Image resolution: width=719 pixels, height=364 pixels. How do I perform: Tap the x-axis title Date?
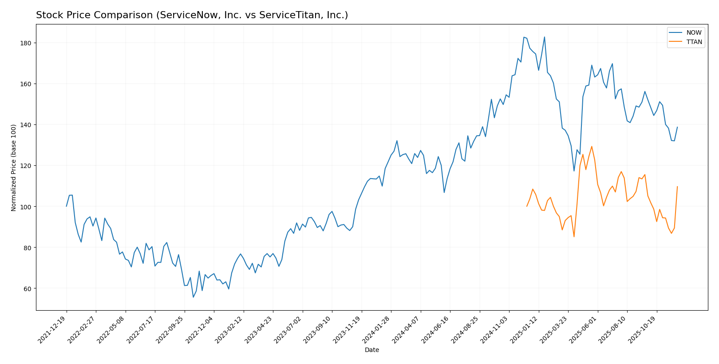coord(371,350)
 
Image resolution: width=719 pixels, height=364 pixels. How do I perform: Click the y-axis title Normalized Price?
coord(14,168)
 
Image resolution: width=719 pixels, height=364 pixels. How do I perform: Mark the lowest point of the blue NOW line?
coord(193,297)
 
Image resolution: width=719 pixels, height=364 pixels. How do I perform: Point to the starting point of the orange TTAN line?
coord(527,206)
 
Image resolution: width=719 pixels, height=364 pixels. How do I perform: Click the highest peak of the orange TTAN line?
coord(592,146)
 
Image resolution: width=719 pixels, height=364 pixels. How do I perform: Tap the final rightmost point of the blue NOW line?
coord(677,127)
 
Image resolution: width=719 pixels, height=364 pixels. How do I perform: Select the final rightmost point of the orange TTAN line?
coord(677,187)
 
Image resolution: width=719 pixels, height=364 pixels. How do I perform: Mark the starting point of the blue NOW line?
coord(67,206)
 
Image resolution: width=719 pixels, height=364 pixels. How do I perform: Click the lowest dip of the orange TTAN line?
coord(574,236)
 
